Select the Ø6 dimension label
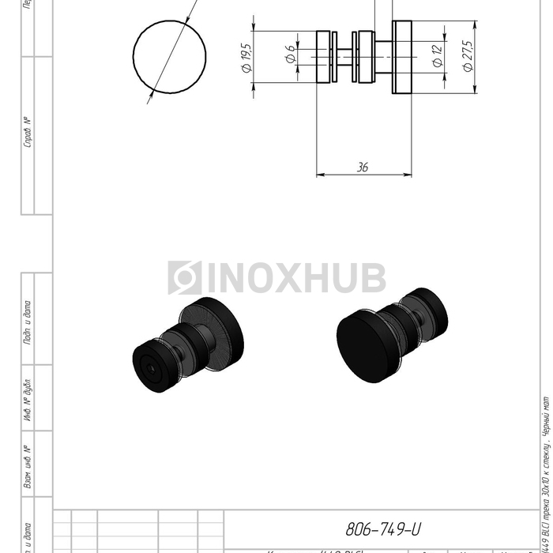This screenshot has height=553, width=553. (290, 55)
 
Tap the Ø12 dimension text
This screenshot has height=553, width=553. (437, 55)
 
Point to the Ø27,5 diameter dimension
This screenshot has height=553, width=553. (468, 57)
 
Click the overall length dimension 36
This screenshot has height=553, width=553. (363, 167)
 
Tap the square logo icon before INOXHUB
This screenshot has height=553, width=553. (185, 278)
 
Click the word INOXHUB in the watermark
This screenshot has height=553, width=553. (296, 278)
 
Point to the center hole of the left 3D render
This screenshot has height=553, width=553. (149, 364)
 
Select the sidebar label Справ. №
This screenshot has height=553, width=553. (28, 132)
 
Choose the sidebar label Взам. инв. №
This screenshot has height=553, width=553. (28, 467)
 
